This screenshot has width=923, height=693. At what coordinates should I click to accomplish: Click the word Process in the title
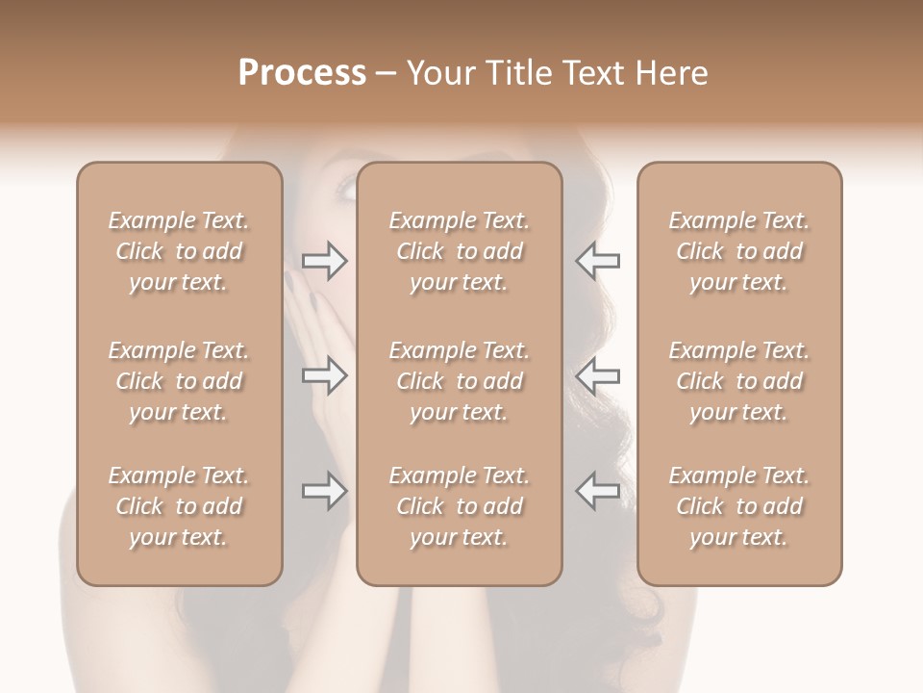tap(302, 73)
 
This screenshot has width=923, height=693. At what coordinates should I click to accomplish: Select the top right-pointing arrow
tap(324, 261)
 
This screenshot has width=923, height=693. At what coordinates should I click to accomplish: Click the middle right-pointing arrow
tap(324, 374)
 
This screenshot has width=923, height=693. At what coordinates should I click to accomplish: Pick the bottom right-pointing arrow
tap(324, 491)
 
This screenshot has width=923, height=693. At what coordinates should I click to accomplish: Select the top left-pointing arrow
tap(597, 261)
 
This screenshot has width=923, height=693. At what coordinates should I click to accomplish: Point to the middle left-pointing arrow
tap(597, 374)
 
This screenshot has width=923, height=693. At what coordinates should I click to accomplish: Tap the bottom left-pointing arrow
tap(597, 491)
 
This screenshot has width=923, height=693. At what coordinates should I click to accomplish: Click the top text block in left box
tap(179, 251)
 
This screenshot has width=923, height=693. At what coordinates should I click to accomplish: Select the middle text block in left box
tap(179, 381)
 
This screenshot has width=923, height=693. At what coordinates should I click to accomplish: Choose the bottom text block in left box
tap(179, 506)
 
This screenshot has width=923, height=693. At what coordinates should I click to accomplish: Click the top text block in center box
tap(459, 251)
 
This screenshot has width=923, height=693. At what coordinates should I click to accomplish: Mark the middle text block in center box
tap(459, 381)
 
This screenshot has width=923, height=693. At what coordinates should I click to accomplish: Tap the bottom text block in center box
tap(459, 506)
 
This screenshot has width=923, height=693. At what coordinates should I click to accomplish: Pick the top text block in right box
tap(738, 251)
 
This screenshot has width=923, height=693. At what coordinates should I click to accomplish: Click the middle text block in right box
tap(738, 381)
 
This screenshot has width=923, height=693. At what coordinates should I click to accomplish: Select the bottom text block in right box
tap(738, 506)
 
